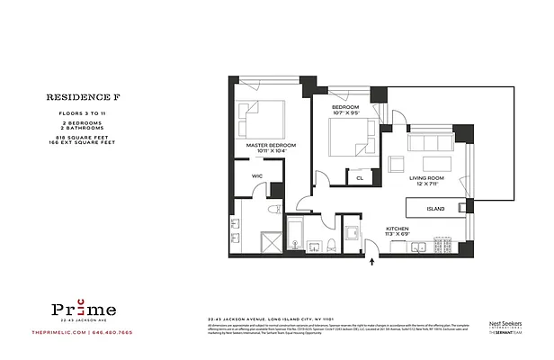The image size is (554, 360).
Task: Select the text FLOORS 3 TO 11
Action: click(72, 113)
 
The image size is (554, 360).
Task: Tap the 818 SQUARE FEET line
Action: click(72, 135)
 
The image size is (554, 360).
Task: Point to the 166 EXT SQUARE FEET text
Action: click(72, 141)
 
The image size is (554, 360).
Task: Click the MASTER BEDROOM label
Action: click(269, 146)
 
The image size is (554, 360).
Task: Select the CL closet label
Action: click(360, 178)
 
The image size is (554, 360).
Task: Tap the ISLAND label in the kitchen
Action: click(436, 209)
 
